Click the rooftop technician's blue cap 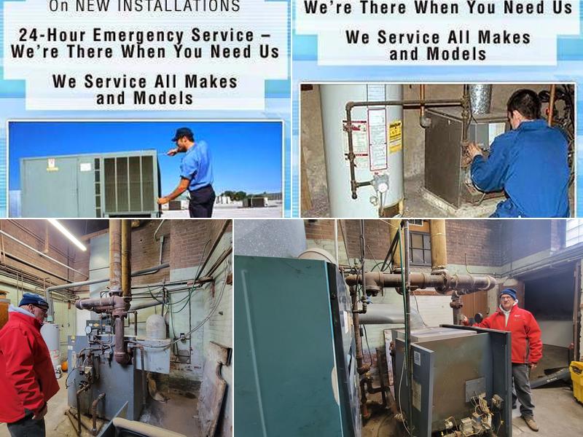point(182,133)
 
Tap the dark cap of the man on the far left point(33,299)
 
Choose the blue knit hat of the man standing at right point(508,294)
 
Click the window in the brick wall point(420,248)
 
